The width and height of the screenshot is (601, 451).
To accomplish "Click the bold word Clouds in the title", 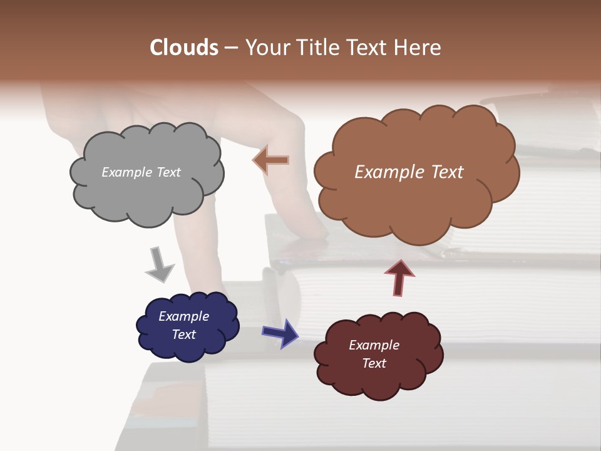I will pyautogui.click(x=185, y=48).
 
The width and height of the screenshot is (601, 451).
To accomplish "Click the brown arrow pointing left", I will pyautogui.click(x=270, y=160).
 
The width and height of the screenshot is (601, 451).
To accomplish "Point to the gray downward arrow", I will pyautogui.click(x=160, y=264).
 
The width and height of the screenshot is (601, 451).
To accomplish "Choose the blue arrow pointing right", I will pyautogui.click(x=280, y=333).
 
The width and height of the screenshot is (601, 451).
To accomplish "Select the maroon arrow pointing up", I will pyautogui.click(x=399, y=277).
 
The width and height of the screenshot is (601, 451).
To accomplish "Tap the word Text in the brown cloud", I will pyautogui.click(x=443, y=172).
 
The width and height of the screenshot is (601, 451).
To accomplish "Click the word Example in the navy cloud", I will pyautogui.click(x=183, y=316).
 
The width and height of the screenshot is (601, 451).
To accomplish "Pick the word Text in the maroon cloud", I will pyautogui.click(x=374, y=363).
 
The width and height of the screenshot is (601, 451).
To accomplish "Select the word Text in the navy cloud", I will pyautogui.click(x=183, y=334).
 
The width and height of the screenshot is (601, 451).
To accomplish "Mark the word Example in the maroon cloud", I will pyautogui.click(x=374, y=345).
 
